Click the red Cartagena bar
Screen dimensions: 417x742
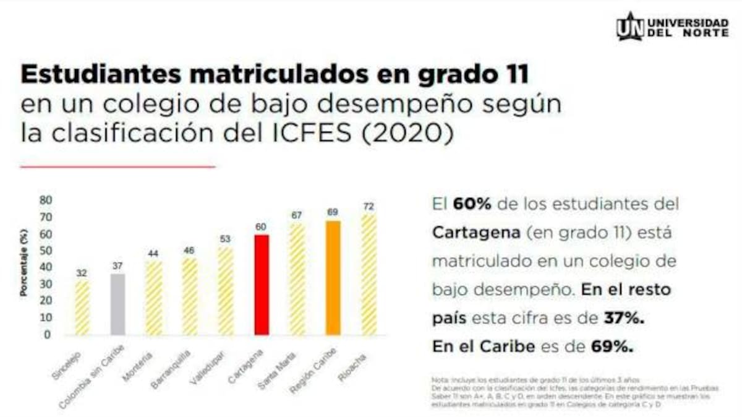tap(262, 285)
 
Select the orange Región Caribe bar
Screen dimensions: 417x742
tap(333, 278)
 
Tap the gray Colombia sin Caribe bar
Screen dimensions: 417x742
tap(118, 304)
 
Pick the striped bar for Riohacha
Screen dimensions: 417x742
tap(369, 274)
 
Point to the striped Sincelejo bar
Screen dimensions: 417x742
tap(82, 307)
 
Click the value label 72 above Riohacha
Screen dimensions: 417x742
tap(369, 206)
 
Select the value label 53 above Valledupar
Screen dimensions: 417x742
tap(226, 240)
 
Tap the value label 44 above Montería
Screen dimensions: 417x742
tap(154, 254)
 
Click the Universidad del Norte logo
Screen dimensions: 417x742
tap(672, 27)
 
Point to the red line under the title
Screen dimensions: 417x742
tap(118, 166)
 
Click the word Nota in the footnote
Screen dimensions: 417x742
tap(438, 379)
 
